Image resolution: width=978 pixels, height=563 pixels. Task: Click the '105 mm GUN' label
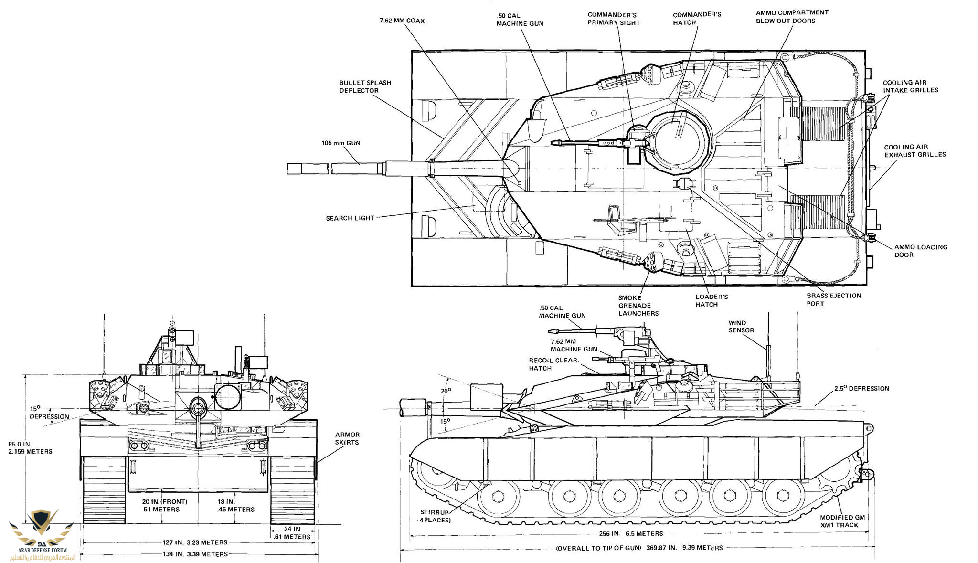(340, 143)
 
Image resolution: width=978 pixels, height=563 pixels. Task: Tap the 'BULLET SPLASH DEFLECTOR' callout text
(365, 86)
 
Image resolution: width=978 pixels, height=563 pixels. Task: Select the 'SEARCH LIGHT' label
(350, 218)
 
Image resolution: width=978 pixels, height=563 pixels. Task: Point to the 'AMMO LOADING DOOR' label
(921, 251)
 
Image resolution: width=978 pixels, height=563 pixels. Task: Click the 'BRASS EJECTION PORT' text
(834, 299)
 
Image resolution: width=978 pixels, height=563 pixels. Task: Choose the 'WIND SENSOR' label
(741, 327)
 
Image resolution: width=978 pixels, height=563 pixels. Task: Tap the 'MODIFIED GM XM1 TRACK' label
(842, 521)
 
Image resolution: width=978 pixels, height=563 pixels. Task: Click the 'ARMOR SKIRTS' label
(347, 438)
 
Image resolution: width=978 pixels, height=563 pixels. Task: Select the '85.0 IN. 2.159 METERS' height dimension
(30, 448)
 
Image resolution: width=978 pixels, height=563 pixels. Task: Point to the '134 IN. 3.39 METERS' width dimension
(195, 554)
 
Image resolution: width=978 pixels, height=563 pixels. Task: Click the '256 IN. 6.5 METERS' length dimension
(631, 533)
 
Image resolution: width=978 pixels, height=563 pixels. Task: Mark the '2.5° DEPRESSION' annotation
(861, 389)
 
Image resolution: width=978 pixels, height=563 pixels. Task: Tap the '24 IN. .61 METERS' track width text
(292, 533)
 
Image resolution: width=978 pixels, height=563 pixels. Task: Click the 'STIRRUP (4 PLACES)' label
(435, 516)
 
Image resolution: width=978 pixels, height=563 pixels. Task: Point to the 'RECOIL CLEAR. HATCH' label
(553, 364)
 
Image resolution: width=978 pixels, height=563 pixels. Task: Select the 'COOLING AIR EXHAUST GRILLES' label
(914, 151)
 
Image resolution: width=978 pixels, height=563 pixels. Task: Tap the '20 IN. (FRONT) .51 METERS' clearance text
(164, 506)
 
